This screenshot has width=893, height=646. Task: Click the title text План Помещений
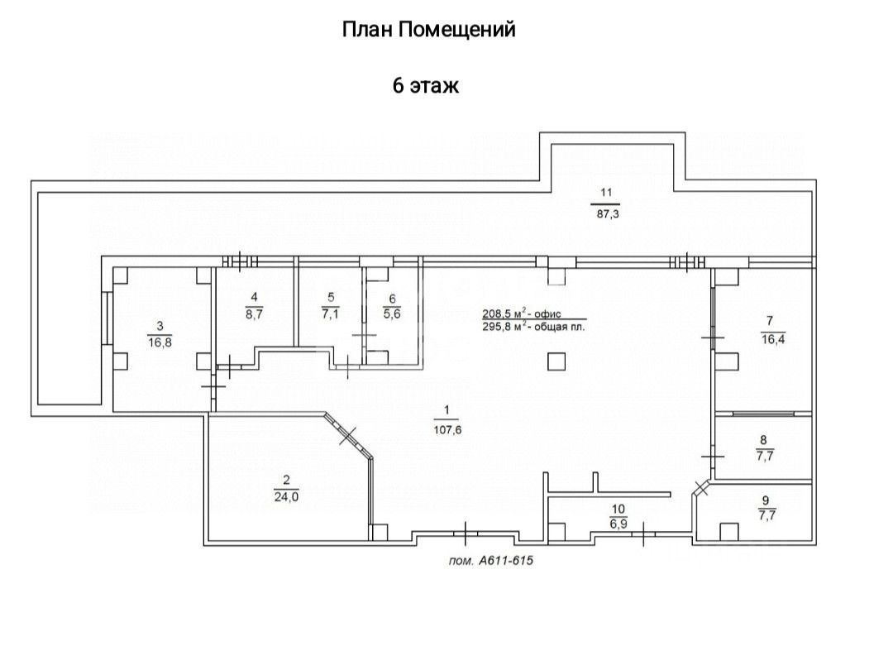pyautogui.click(x=428, y=29)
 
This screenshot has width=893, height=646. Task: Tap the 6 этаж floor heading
pyautogui.click(x=426, y=86)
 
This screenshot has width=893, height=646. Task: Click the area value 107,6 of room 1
pyautogui.click(x=447, y=430)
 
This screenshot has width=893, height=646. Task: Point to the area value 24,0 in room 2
pyautogui.click(x=286, y=496)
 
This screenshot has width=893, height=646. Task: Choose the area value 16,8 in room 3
pyautogui.click(x=160, y=342)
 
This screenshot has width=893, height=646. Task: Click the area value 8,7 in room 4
pyautogui.click(x=254, y=313)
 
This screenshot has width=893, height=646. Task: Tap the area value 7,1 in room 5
pyautogui.click(x=330, y=313)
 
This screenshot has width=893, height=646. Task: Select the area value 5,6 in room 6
pyautogui.click(x=393, y=313)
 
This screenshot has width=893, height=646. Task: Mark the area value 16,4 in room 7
pyautogui.click(x=773, y=339)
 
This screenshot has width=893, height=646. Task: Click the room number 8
pyautogui.click(x=764, y=440)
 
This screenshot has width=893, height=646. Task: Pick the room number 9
pyautogui.click(x=766, y=500)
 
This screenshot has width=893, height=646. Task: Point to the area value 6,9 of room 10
pyautogui.click(x=618, y=523)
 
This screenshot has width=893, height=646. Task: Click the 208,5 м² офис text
pyautogui.click(x=522, y=313)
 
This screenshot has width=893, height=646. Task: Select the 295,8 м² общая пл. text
pyautogui.click(x=533, y=327)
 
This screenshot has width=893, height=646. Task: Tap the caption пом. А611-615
pyautogui.click(x=491, y=561)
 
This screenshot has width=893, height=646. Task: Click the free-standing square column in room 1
pyautogui.click(x=556, y=361)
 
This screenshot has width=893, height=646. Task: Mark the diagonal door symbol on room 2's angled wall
pyautogui.click(x=348, y=436)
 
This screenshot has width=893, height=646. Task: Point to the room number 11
pyautogui.click(x=606, y=192)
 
